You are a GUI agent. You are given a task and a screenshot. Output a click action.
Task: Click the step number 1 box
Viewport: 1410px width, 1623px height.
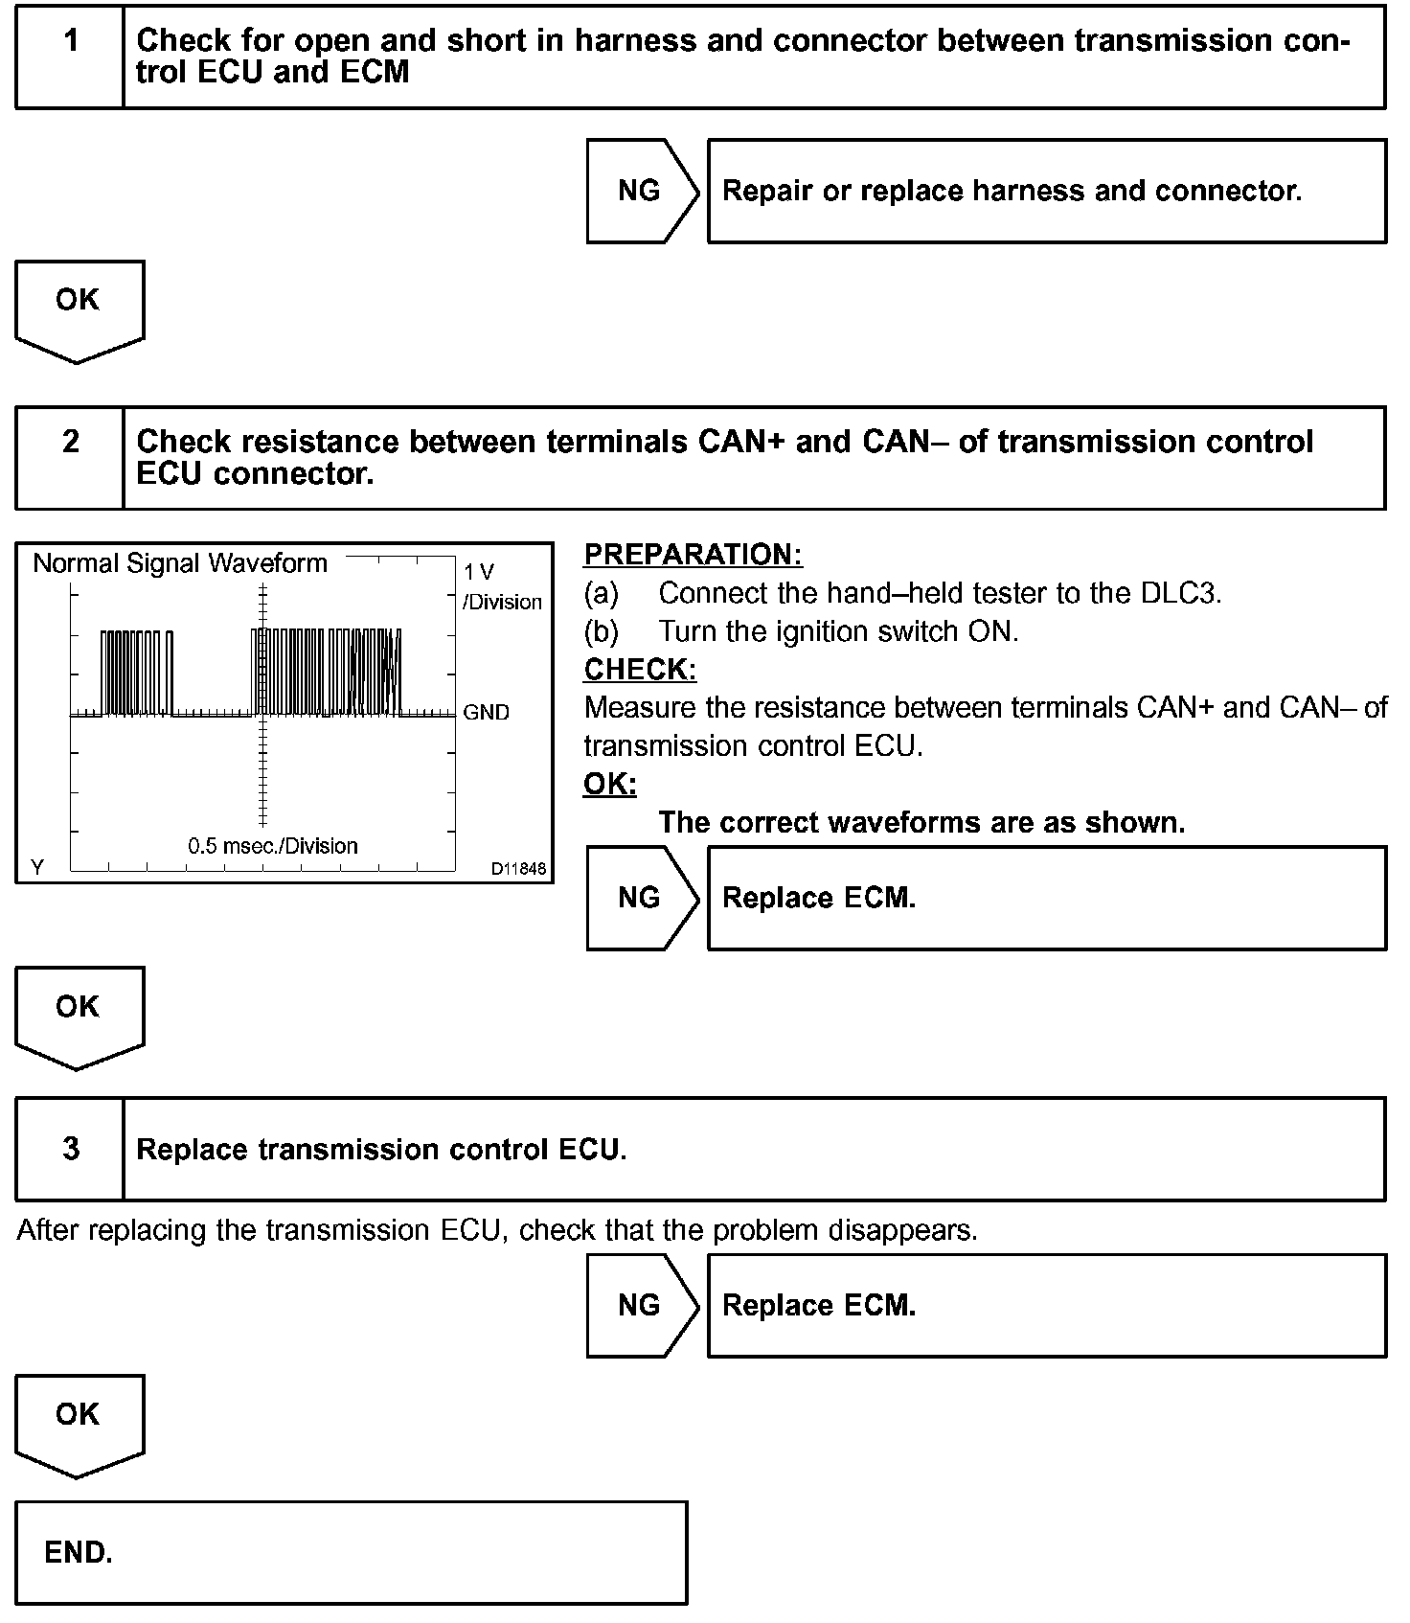(x=70, y=56)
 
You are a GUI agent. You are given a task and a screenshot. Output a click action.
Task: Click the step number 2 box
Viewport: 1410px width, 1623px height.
(x=70, y=457)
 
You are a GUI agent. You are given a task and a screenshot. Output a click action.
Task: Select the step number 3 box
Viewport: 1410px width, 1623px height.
(x=70, y=1148)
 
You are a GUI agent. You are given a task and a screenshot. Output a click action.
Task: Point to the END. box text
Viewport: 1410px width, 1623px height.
(x=79, y=1552)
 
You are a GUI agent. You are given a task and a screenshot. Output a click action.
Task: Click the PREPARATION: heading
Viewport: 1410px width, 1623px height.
(x=693, y=555)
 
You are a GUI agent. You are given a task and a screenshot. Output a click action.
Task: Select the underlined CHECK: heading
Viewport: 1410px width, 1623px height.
(x=640, y=669)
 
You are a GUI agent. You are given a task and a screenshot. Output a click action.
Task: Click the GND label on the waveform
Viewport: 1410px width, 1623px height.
(x=486, y=712)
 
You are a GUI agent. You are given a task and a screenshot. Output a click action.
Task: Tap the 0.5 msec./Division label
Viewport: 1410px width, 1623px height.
(x=273, y=846)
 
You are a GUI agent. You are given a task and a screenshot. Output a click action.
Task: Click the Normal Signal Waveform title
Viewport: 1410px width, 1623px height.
(x=180, y=563)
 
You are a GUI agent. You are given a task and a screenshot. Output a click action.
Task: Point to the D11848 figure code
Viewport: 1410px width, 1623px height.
(x=518, y=868)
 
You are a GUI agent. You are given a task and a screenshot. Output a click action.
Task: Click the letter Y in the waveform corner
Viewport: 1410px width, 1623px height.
(x=37, y=867)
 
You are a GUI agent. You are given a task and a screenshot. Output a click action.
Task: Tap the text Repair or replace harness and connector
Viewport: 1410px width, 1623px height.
(x=1012, y=191)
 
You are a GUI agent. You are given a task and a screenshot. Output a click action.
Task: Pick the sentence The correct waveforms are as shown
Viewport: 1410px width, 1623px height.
(x=921, y=822)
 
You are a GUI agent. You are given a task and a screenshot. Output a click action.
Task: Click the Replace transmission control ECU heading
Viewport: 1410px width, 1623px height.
(x=381, y=1149)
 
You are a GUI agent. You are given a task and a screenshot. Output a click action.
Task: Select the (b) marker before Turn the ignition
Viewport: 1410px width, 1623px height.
(x=601, y=631)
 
